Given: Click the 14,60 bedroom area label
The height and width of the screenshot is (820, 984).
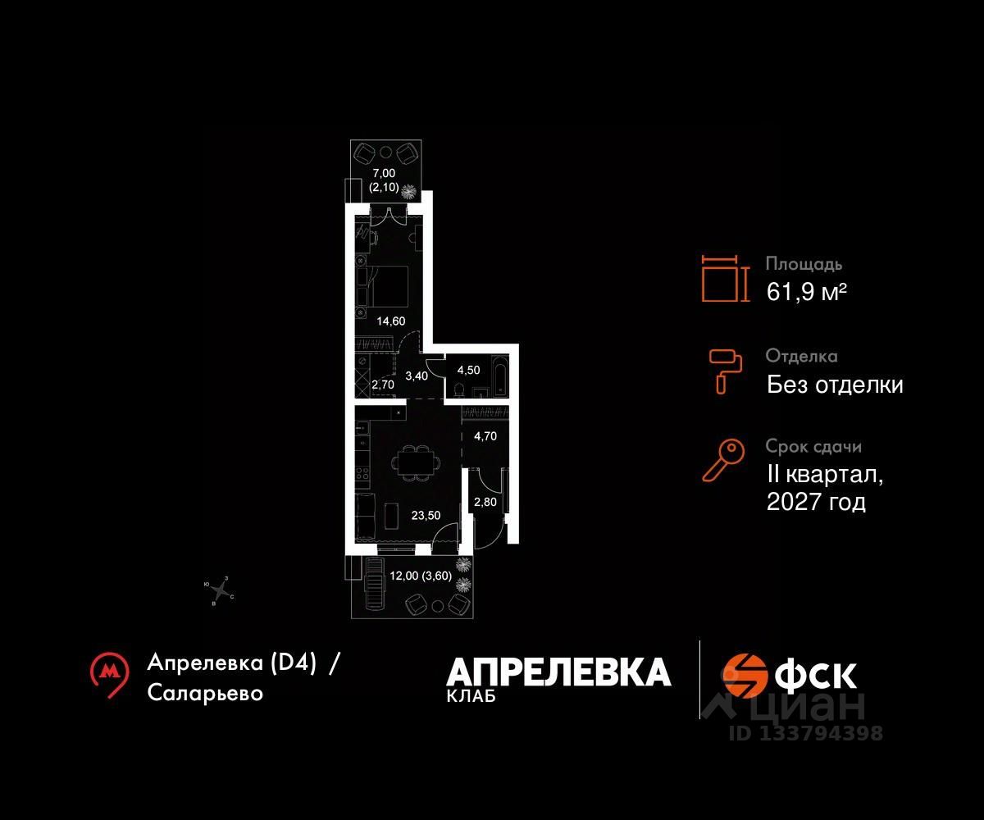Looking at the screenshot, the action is point(391,321).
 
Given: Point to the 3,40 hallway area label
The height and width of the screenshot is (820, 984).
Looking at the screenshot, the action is point(417,376).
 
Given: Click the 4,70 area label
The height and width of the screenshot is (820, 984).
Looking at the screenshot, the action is point(485,436).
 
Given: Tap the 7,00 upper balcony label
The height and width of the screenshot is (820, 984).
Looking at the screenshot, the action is point(384,173).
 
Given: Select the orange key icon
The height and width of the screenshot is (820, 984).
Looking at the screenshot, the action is point(723,460).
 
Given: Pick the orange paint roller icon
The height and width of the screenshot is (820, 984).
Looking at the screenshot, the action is point(725,368).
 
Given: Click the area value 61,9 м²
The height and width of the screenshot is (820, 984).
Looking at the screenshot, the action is point(806,291).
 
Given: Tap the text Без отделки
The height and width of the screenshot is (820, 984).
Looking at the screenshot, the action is point(835,384).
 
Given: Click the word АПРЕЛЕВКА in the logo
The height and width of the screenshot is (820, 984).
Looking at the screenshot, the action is point(558,672).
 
